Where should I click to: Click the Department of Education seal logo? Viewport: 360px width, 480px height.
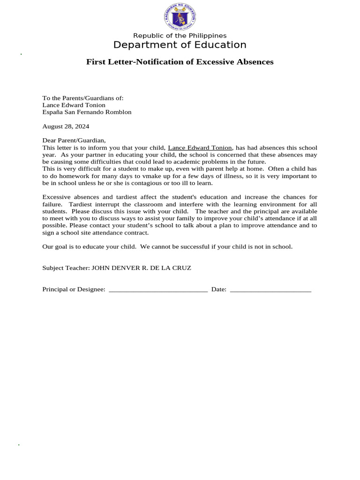point(180,17)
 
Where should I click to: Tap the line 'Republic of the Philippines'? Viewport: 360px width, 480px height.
point(180,36)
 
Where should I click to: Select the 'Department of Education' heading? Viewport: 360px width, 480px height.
point(180,45)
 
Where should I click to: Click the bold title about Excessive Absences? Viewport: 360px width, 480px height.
point(180,62)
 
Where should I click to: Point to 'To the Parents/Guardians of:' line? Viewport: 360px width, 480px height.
point(83,98)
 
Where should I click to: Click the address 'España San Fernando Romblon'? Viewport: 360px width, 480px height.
point(87,112)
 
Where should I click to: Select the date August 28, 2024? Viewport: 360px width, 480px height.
point(66,126)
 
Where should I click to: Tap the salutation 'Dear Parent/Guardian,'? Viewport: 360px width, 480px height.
point(74,140)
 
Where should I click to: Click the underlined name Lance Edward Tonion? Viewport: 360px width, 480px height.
point(200,148)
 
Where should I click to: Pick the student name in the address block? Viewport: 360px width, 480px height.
point(74,105)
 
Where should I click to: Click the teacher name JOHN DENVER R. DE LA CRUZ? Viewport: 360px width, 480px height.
point(141,268)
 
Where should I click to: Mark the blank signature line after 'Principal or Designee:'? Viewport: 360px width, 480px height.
point(158,290)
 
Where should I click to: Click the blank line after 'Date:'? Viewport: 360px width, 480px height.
point(270,290)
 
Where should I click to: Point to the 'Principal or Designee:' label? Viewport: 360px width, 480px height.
point(74,289)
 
